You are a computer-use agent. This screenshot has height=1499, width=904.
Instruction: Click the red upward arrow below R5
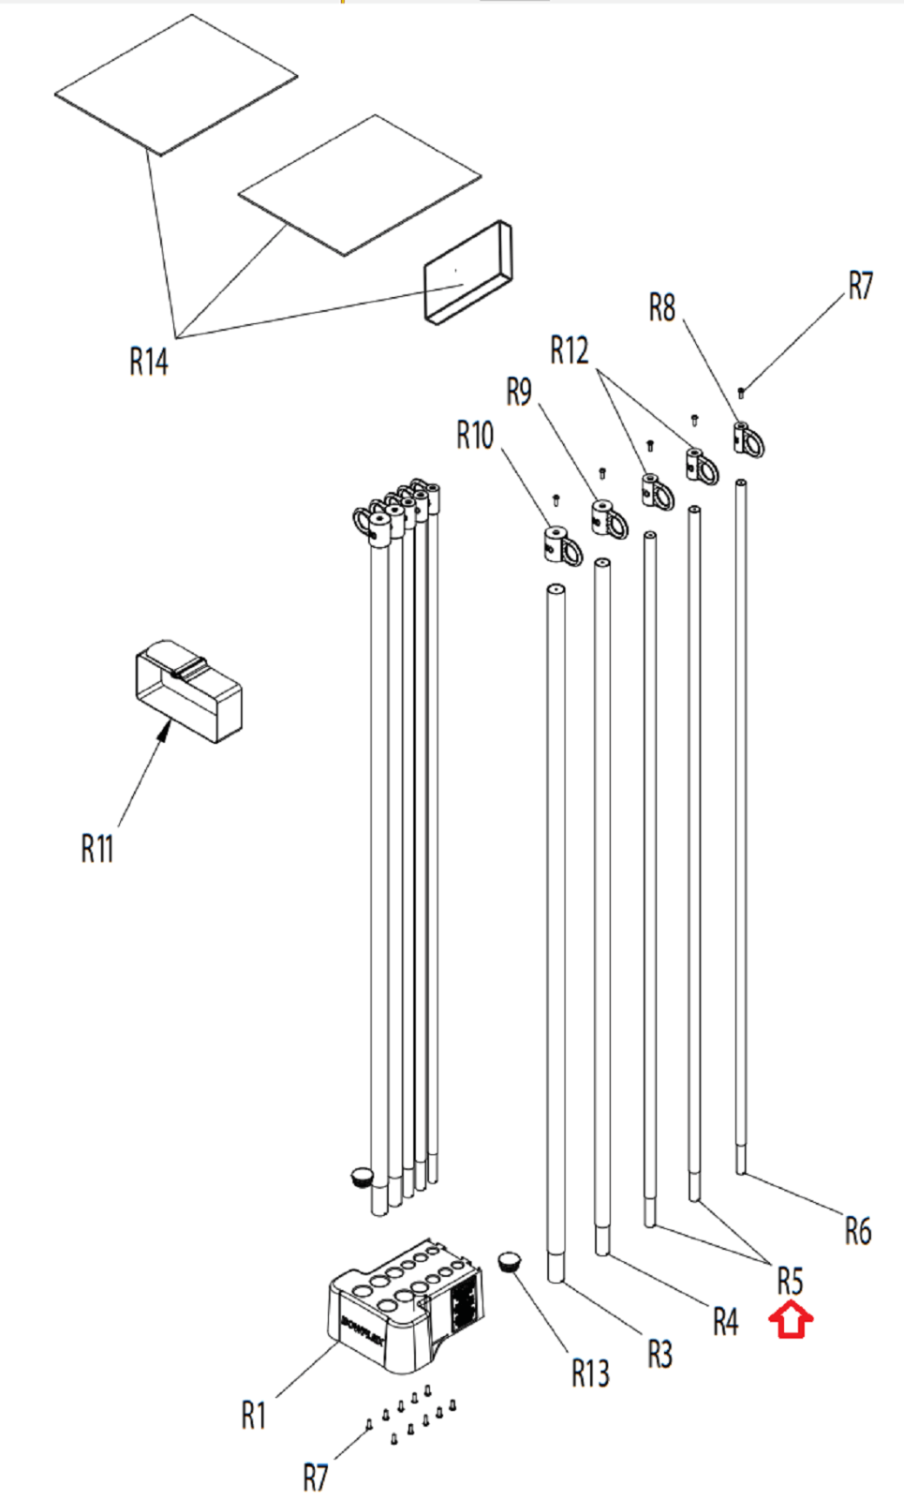tap(791, 1318)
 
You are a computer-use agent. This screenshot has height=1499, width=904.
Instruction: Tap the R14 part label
tap(149, 362)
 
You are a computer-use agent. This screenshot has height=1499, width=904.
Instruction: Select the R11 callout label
tap(97, 849)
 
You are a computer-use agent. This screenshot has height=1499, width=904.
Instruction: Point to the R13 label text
tap(590, 1373)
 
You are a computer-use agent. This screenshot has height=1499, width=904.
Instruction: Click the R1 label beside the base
tap(254, 1416)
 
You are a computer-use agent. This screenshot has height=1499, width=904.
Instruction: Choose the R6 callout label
tap(858, 1231)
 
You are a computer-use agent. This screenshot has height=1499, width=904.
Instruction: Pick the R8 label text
tap(662, 308)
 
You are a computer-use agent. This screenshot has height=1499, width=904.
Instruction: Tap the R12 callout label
tap(570, 350)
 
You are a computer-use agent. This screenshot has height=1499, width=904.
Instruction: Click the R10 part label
tap(475, 435)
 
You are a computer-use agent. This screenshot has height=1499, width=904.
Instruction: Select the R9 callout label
tap(519, 392)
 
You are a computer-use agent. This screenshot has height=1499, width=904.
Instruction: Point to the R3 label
tap(659, 1354)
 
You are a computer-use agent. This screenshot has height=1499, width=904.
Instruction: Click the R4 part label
tap(725, 1322)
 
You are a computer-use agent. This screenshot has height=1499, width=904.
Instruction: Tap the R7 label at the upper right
tap(861, 286)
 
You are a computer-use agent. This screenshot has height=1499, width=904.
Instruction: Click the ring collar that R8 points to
tap(748, 439)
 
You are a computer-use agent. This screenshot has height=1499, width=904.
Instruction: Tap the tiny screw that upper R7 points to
tap(741, 391)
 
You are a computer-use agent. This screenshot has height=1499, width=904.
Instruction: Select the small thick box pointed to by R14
tap(467, 273)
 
